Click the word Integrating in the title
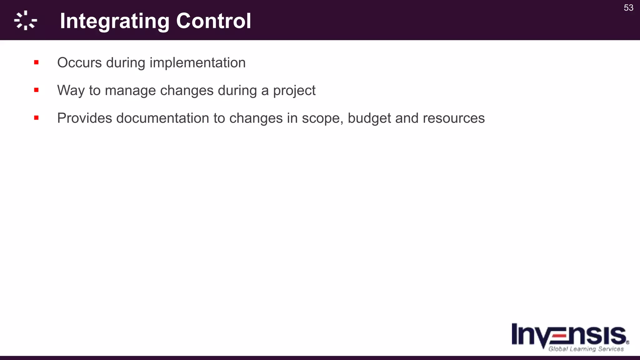[114, 21]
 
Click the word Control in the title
[213, 21]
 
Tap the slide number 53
[628, 8]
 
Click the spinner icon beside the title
[26, 21]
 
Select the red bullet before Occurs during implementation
[36, 62]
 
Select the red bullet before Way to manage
[36, 90]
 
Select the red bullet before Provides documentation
[36, 118]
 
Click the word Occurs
[79, 62]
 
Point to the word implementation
[197, 62]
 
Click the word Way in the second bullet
[71, 91]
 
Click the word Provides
[84, 118]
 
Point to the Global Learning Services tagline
[586, 349]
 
